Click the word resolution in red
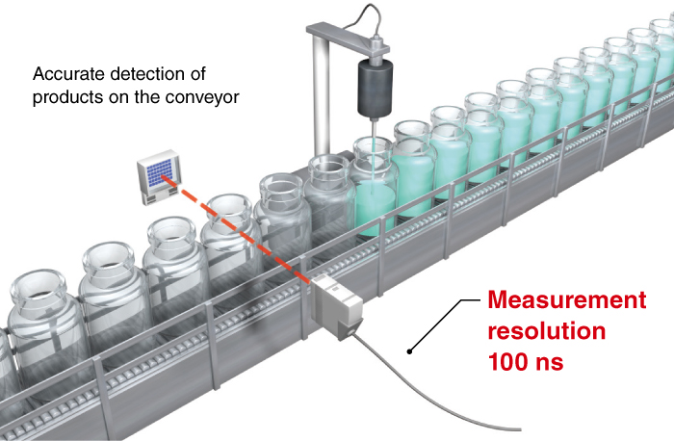[x=546, y=333]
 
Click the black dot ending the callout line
[x=411, y=350]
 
